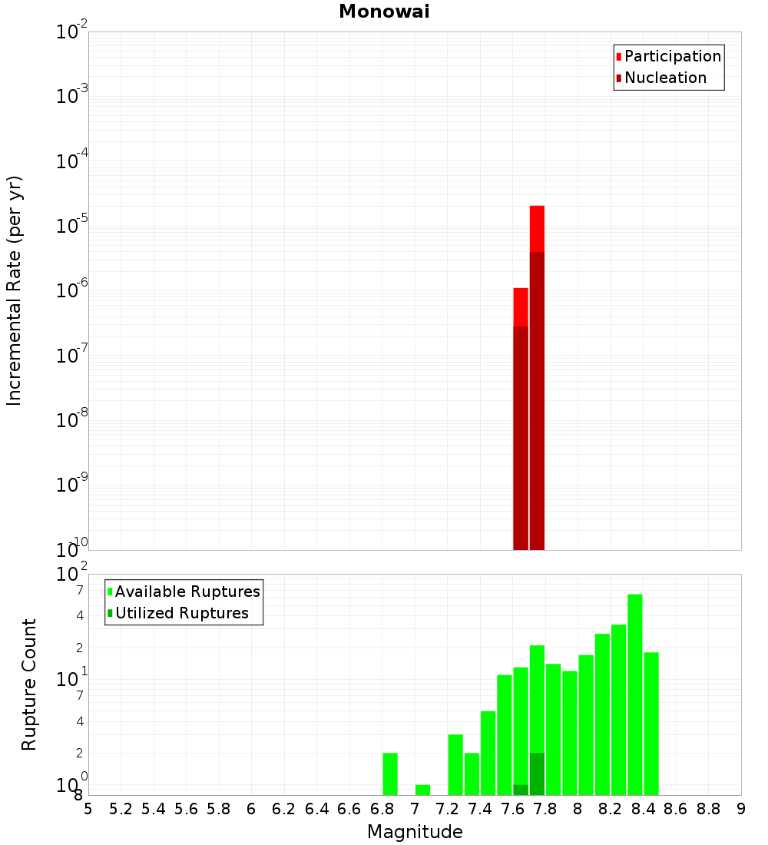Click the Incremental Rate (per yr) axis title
[15, 291]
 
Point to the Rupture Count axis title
[29, 684]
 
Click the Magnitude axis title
[415, 832]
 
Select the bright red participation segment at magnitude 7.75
[537, 228]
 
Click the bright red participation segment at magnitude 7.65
[521, 307]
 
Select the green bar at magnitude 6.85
[390, 774]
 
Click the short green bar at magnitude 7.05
[422, 790]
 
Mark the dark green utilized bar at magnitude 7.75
[537, 774]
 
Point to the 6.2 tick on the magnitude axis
[284, 809]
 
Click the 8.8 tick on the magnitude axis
[708, 809]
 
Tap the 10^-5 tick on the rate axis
[72, 227]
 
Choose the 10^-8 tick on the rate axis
[72, 421]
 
